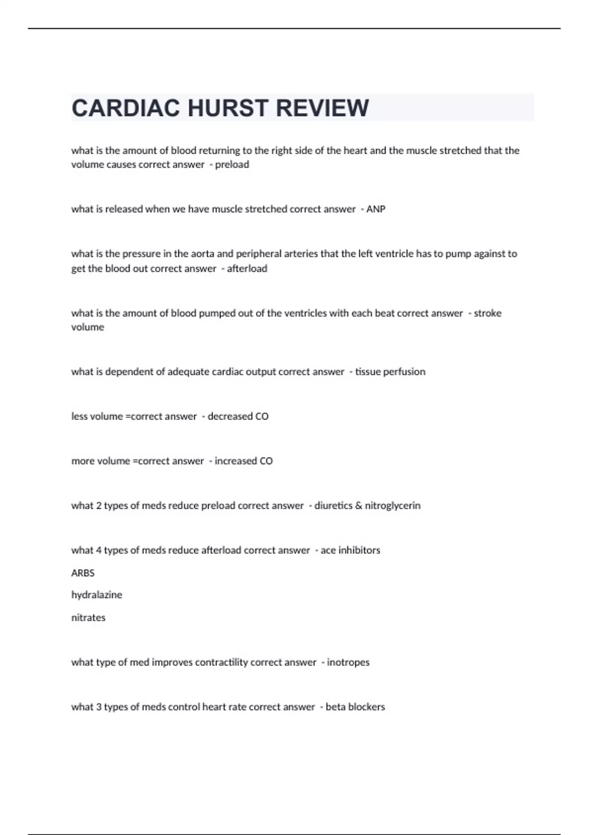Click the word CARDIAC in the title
pos(126,109)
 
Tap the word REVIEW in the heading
pos(322,109)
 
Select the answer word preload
pos(232,165)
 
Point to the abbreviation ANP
pos(375,209)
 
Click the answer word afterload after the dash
pos(247,269)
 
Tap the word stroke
pos(487,313)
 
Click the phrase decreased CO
pos(238,417)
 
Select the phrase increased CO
pos(243,461)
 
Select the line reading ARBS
pos(83,573)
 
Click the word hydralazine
pos(97,595)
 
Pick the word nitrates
pos(88,618)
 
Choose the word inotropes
pos(348,663)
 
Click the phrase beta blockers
pos(355,707)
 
